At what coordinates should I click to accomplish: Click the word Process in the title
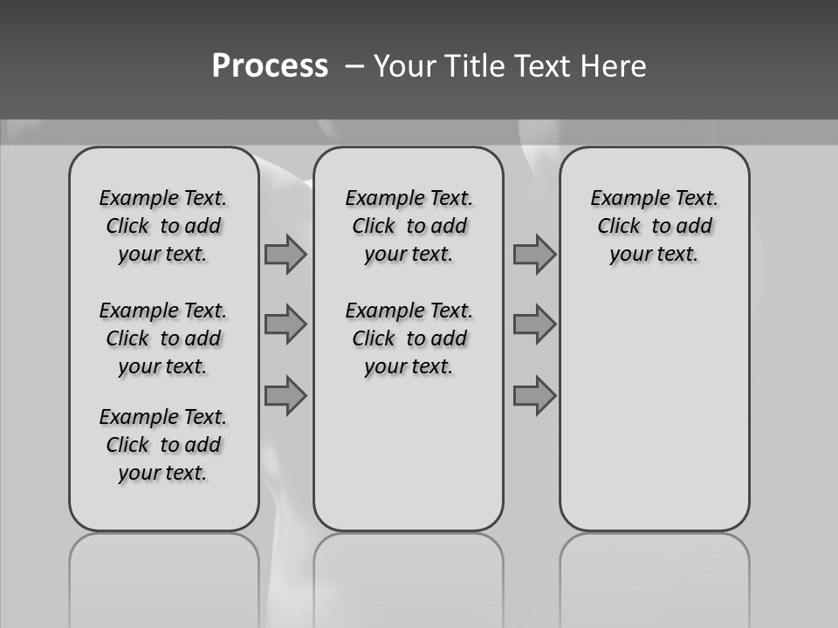tap(270, 66)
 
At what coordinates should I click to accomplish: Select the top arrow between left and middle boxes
tap(285, 255)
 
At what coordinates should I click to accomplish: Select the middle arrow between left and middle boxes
tap(285, 324)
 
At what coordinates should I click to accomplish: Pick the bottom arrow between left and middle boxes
tap(285, 395)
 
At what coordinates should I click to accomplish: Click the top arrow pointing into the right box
tap(534, 255)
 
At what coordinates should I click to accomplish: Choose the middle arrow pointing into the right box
tap(534, 324)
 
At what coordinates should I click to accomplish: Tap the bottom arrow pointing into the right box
tap(534, 395)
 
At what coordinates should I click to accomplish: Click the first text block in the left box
tap(163, 226)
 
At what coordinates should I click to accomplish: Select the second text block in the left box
tap(163, 338)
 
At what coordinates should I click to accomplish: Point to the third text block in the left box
tap(163, 445)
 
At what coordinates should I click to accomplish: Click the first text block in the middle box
tap(409, 226)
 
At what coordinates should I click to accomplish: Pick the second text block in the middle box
tap(409, 338)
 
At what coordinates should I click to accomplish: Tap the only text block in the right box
tap(654, 226)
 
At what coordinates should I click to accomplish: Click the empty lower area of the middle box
tap(409, 454)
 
